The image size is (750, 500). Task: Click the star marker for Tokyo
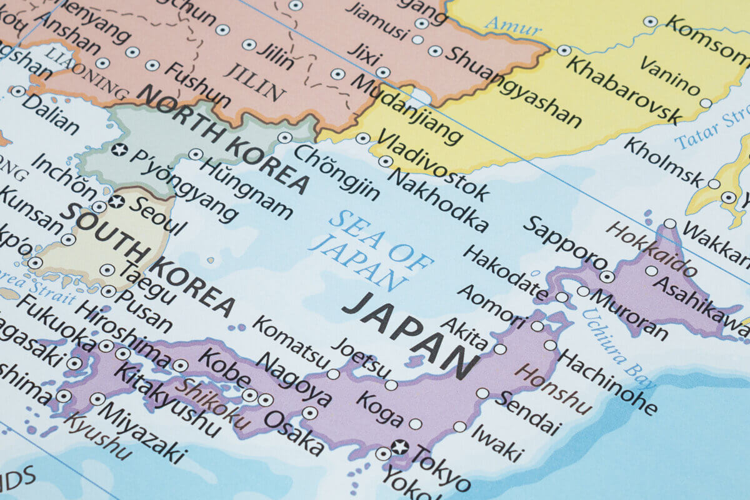[399, 447]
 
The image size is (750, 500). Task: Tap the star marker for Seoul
[116, 202]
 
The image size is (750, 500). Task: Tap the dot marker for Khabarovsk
[564, 51]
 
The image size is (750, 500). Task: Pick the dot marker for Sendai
[482, 393]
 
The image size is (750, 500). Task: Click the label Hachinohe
[607, 381]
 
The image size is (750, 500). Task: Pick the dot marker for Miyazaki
[97, 399]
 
